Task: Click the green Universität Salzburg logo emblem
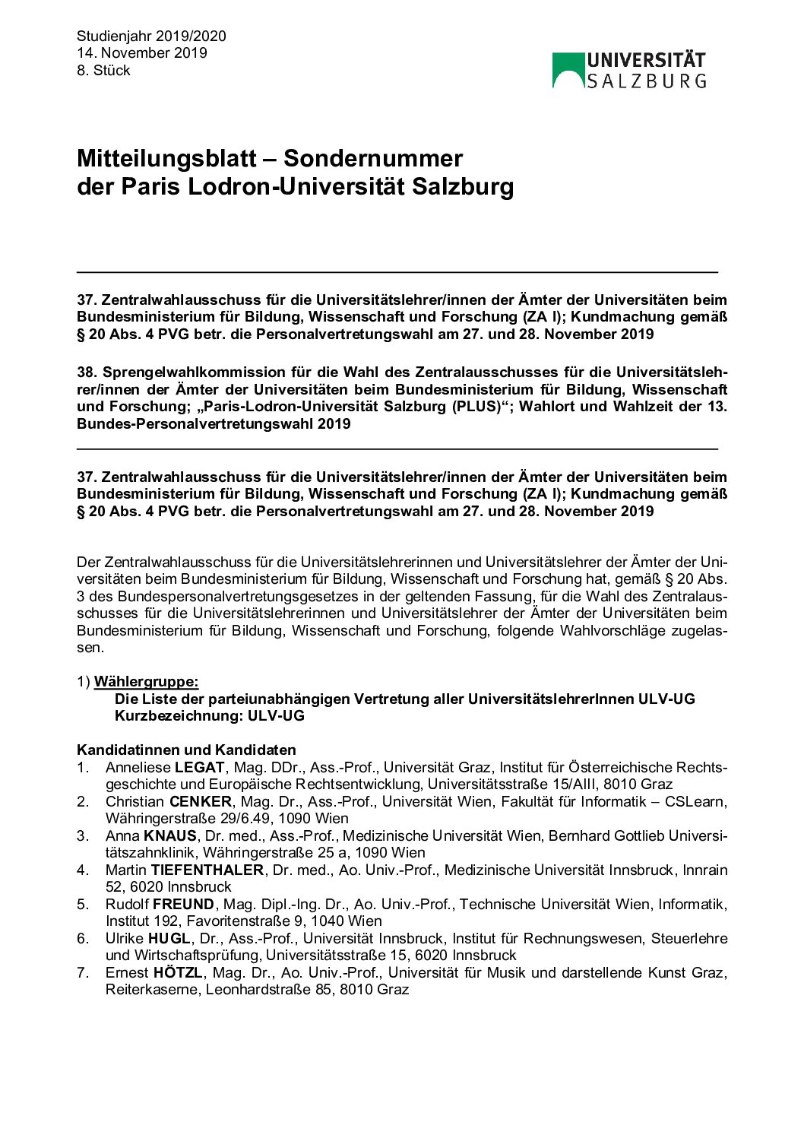click(x=568, y=70)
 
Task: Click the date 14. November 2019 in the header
click(x=141, y=53)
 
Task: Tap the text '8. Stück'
click(x=103, y=71)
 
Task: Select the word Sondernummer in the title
click(x=373, y=159)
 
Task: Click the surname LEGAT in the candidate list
click(x=200, y=768)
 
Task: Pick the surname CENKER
click(x=201, y=802)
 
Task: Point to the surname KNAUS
click(x=170, y=836)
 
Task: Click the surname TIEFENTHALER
click(x=207, y=870)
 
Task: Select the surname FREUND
click(x=184, y=905)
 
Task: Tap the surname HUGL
click(x=169, y=939)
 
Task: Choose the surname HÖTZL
click(x=178, y=973)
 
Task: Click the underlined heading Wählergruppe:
click(x=146, y=682)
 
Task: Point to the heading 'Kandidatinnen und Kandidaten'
click(x=186, y=750)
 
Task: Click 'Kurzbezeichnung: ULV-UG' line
click(x=209, y=716)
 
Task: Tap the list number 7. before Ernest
click(x=83, y=973)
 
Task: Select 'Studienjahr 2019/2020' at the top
click(x=151, y=36)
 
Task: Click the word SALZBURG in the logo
click(x=647, y=81)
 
